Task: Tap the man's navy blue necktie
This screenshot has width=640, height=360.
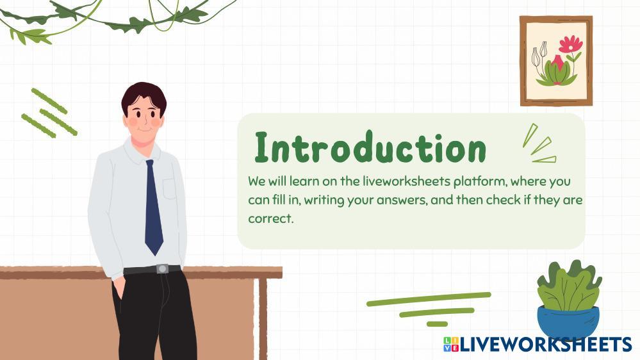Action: point(153,207)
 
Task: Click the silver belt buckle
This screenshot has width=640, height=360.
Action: point(162,269)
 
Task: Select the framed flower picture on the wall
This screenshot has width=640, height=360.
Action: point(556,61)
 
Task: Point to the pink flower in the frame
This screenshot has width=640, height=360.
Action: point(571,44)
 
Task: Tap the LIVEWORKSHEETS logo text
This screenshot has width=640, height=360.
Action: point(546,344)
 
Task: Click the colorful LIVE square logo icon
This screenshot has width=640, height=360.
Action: point(451,344)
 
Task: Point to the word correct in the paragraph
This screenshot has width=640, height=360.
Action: point(270,218)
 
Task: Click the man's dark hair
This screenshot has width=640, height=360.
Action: point(144,97)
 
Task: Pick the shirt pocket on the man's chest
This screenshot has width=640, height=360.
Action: point(170,188)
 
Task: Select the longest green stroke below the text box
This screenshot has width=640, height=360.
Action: point(429,299)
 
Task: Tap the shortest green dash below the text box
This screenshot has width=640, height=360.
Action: point(437,324)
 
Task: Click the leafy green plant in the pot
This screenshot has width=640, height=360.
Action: point(570,285)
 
